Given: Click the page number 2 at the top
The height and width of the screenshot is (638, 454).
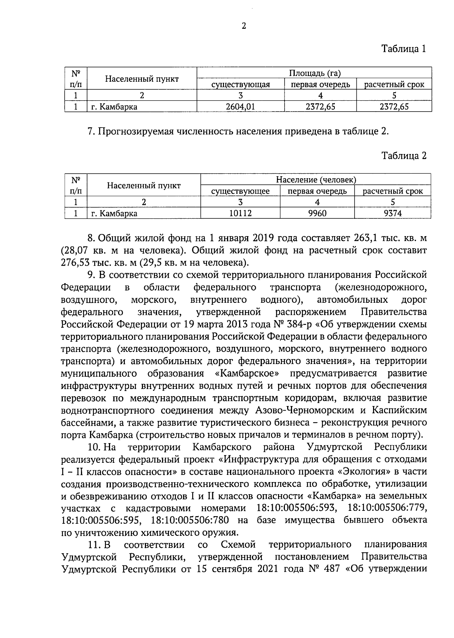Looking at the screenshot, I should click(244, 26).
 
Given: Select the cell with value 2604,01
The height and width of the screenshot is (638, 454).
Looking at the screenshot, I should click(240, 107).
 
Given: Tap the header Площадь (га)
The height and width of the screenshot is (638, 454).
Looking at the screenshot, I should click(314, 73).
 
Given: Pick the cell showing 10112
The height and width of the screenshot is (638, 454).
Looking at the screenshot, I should click(240, 213).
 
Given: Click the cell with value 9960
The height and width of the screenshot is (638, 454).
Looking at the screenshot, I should click(317, 213).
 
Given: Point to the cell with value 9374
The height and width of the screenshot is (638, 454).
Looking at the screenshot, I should click(393, 213).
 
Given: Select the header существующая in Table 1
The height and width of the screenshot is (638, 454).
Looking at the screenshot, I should click(240, 84).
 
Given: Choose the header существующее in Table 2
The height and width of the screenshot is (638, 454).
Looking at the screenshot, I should click(240, 191).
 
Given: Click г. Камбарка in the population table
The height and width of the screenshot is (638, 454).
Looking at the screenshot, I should click(114, 213).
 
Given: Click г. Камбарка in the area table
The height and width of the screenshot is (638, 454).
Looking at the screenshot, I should click(114, 107).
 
